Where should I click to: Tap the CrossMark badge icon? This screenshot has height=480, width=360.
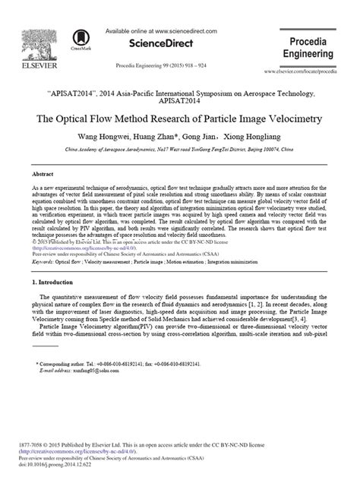(79, 37)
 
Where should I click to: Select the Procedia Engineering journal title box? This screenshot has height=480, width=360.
(316, 49)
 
